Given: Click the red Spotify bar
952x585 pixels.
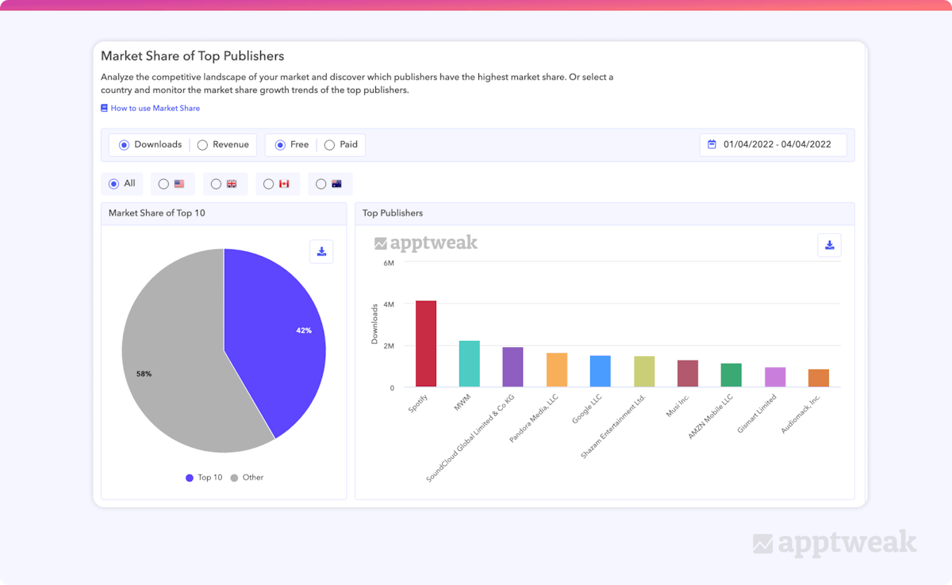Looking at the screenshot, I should pos(426,344).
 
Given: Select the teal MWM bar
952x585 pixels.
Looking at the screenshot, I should pos(469,364).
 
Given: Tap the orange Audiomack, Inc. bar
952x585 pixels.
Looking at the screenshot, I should pos(818,378).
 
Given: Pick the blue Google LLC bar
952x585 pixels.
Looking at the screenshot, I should pos(600,371).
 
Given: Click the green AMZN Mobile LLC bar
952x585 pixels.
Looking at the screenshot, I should pos(731,375).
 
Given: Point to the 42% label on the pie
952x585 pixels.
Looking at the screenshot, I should pos(304,331).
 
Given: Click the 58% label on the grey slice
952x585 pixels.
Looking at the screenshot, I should pos(144,373).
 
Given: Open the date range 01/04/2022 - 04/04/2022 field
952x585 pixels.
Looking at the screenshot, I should pos(773,145).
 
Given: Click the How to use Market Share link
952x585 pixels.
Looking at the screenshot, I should pos(155,109).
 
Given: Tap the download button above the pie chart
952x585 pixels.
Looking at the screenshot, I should pos(321,251).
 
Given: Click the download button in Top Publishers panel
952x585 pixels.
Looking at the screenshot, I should pos(829,245).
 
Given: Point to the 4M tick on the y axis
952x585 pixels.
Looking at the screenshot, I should pos(389,304).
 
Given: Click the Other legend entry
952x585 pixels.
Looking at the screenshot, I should pos(248,478).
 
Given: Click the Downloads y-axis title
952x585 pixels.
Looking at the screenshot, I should pos(374,323).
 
